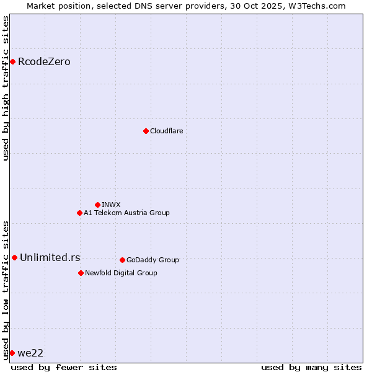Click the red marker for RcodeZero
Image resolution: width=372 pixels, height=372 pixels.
click(x=12, y=61)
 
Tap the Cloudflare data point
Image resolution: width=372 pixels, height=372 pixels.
click(x=146, y=131)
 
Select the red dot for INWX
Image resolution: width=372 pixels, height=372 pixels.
click(x=97, y=205)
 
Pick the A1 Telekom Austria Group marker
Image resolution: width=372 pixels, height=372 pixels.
click(x=79, y=213)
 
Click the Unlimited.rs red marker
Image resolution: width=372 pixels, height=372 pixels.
click(x=14, y=257)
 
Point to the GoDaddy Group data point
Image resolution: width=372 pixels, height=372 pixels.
click(x=122, y=260)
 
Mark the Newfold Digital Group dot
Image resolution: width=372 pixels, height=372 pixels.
click(x=81, y=273)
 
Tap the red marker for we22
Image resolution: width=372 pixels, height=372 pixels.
click(x=12, y=353)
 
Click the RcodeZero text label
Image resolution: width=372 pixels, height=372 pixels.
click(x=44, y=61)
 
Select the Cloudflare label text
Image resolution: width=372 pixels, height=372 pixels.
click(x=166, y=131)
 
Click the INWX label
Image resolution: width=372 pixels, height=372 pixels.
click(x=111, y=205)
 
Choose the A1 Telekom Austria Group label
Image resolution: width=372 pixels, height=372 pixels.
click(x=126, y=213)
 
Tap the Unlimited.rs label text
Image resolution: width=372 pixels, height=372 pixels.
click(x=50, y=257)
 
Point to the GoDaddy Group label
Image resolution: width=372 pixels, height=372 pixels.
click(x=153, y=260)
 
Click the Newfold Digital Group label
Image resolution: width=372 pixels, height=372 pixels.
click(x=121, y=273)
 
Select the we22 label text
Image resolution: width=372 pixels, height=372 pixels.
click(x=30, y=353)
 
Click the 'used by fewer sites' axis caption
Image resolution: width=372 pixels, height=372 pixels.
click(x=64, y=367)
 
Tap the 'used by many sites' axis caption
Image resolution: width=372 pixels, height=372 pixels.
click(x=311, y=367)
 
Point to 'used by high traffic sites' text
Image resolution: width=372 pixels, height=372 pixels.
click(x=6, y=88)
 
